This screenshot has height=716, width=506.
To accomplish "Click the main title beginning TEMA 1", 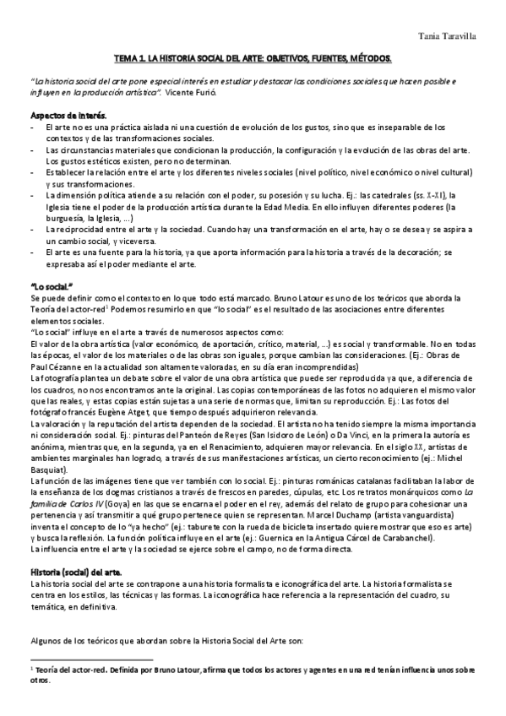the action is click(253, 60).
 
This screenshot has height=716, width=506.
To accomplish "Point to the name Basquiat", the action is click(50, 468).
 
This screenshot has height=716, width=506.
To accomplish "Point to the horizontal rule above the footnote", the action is click(90, 659).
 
